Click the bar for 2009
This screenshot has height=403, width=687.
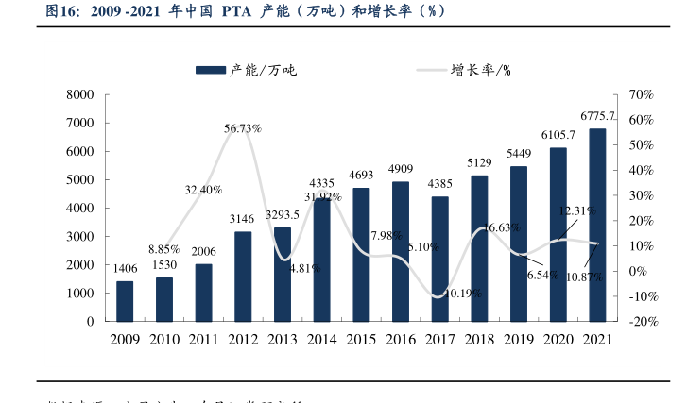(x=125, y=301)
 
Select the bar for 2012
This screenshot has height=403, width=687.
(x=243, y=276)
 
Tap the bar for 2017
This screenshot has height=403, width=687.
(x=440, y=259)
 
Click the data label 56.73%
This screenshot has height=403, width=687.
(x=243, y=127)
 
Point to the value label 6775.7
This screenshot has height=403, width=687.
(x=598, y=116)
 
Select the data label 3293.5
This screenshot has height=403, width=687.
(x=283, y=214)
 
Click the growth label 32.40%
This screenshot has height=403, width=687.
(x=203, y=190)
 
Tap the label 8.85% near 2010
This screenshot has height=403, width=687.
(x=163, y=249)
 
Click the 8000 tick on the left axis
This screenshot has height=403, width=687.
(x=80, y=95)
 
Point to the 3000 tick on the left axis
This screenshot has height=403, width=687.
(x=80, y=237)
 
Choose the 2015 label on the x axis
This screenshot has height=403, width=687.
(x=361, y=339)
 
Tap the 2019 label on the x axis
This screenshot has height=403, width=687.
(x=519, y=339)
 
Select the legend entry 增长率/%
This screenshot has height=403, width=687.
(x=480, y=70)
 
